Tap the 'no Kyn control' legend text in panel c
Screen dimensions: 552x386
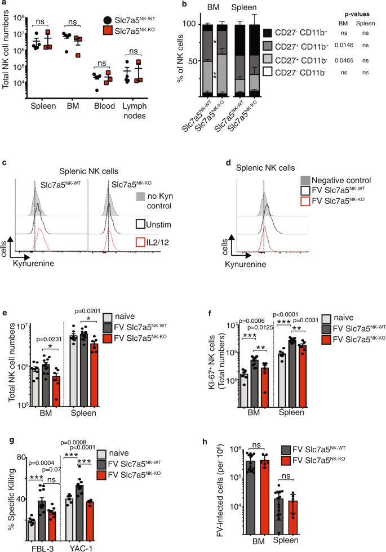pyautogui.click(x=157, y=202)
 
